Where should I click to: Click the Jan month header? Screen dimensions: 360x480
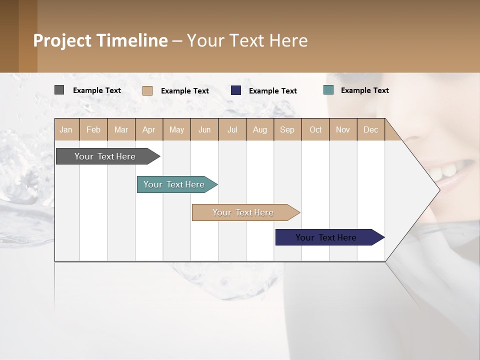pyautogui.click(x=66, y=129)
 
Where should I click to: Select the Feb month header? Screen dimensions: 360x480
pyautogui.click(x=93, y=129)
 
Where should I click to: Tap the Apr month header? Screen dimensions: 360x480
pyautogui.click(x=148, y=129)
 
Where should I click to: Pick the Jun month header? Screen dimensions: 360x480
pyautogui.click(x=204, y=129)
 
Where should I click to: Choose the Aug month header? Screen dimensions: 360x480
pyautogui.click(x=259, y=129)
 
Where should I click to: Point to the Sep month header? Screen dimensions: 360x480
pyautogui.click(x=287, y=129)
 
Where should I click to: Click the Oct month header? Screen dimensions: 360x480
pyautogui.click(x=315, y=129)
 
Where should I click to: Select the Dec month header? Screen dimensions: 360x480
pyautogui.click(x=370, y=129)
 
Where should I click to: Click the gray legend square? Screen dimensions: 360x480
pyautogui.click(x=59, y=90)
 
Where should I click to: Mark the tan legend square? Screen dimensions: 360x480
pyautogui.click(x=147, y=90)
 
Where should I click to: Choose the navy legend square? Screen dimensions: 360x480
pyautogui.click(x=236, y=90)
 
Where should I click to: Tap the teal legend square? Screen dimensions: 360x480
pyautogui.click(x=328, y=90)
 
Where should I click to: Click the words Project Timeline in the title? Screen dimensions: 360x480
pyautogui.click(x=100, y=40)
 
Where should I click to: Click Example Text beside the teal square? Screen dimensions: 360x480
pyautogui.click(x=364, y=90)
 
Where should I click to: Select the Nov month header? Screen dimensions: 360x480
pyautogui.click(x=343, y=129)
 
